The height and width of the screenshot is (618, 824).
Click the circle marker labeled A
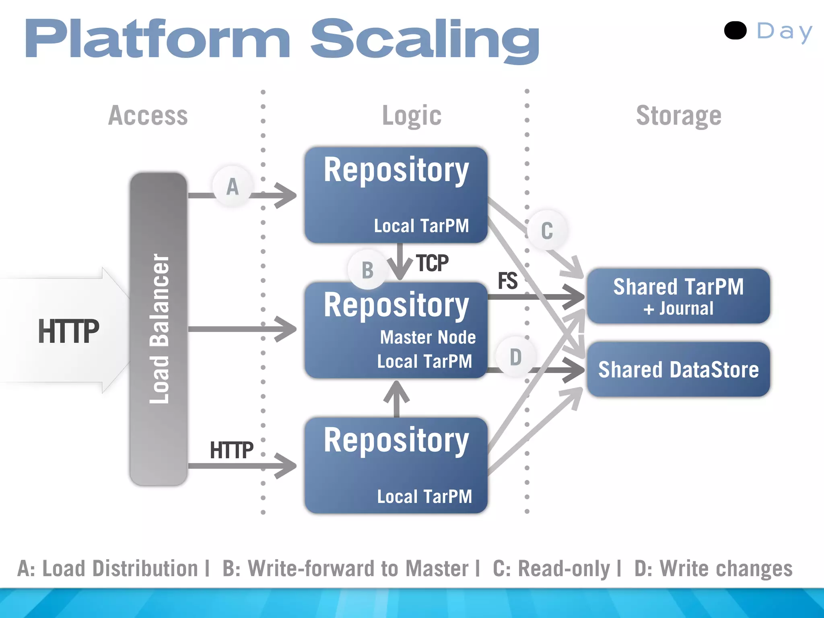[233, 187]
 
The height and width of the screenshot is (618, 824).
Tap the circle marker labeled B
[367, 270]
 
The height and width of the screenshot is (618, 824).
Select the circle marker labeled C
[547, 231]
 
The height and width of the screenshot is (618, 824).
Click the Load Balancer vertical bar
[159, 329]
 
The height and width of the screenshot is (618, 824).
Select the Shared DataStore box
[678, 369]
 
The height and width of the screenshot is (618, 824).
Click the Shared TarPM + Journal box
[678, 296]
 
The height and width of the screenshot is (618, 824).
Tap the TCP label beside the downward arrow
[432, 264]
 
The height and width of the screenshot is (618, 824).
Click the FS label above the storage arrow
[507, 281]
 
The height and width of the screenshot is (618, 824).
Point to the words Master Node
[428, 337]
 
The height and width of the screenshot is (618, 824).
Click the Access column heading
[148, 115]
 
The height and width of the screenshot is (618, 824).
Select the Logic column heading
[412, 115]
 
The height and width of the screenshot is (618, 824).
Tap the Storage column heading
[678, 115]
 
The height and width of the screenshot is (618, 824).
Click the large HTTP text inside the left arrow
[68, 331]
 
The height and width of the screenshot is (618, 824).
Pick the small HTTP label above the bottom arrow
[231, 450]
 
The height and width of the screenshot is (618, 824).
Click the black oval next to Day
[735, 31]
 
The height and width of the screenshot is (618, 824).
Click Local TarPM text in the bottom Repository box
[424, 496]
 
